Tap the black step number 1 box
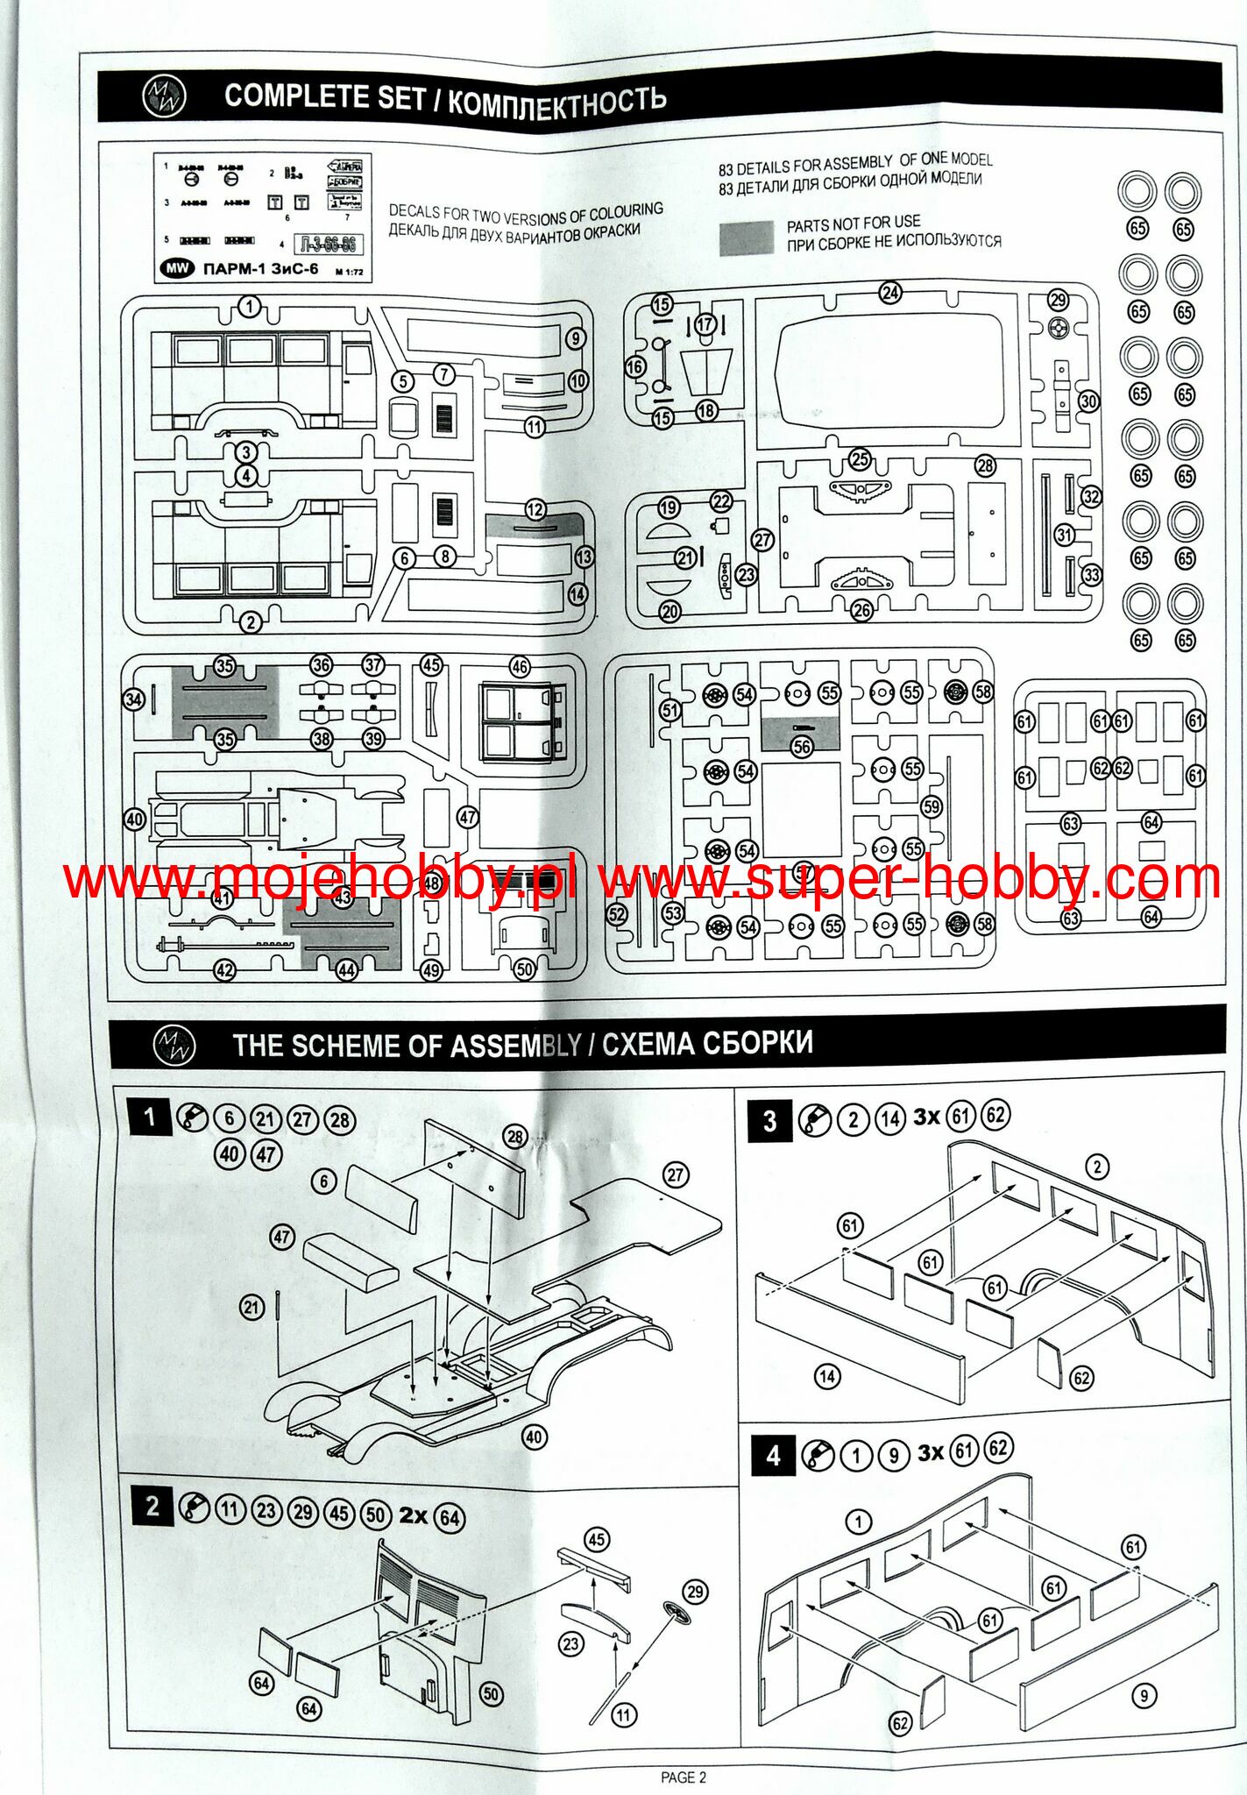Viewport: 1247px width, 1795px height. tap(150, 1117)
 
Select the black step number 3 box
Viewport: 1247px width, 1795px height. tap(769, 1121)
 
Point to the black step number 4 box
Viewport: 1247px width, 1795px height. tap(773, 1456)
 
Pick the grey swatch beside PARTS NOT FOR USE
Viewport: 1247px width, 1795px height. tap(747, 238)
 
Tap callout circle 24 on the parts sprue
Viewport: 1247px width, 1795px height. tap(890, 293)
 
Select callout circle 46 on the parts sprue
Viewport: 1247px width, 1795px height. tap(520, 667)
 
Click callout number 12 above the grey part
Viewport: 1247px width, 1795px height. tap(535, 509)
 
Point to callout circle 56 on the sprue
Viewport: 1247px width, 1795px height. tap(802, 746)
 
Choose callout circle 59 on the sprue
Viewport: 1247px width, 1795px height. tap(932, 806)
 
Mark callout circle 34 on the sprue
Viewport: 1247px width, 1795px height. tap(133, 699)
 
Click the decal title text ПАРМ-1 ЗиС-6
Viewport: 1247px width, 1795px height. tap(260, 269)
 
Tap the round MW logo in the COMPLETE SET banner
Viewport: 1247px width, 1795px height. tap(165, 96)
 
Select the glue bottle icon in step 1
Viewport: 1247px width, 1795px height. tap(192, 1117)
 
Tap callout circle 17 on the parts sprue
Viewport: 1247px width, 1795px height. tap(705, 325)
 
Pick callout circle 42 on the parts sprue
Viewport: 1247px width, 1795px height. tap(225, 970)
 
